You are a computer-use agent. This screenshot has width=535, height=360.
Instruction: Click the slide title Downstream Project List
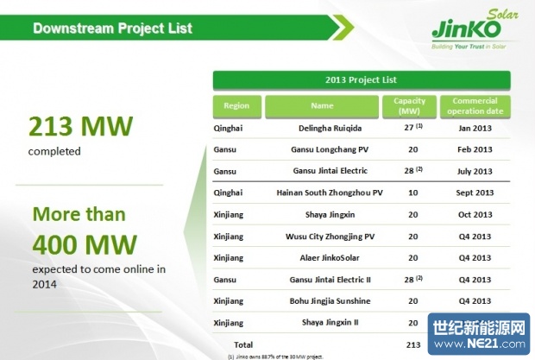coord(112,28)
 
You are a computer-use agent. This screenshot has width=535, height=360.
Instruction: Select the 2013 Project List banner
coord(362,80)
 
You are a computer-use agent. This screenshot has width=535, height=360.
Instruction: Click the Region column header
coord(236,106)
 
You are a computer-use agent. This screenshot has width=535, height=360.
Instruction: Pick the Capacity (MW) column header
coord(410,106)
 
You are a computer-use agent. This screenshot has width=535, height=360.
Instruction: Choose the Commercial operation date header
coord(475,106)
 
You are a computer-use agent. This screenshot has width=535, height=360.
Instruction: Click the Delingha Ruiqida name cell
coord(323,128)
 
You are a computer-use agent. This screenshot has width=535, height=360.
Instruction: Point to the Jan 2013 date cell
coord(474,128)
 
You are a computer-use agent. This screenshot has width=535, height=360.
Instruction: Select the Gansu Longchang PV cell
coord(323,149)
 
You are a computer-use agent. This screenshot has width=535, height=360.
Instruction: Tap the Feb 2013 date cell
coord(474,149)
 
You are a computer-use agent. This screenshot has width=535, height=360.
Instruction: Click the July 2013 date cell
coord(474,171)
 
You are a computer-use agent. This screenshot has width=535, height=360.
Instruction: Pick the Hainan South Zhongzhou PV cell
coord(323,193)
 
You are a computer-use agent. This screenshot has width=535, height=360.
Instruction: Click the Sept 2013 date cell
coord(474,193)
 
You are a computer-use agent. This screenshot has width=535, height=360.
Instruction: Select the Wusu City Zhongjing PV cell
coord(323,236)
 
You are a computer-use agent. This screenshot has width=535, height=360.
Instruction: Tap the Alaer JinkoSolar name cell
coord(323,257)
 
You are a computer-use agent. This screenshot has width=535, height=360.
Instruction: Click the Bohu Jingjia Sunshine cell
coord(323,300)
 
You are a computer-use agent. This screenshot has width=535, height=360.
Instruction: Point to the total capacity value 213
coord(412,344)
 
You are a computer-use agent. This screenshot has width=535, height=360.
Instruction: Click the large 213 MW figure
coord(81,128)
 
